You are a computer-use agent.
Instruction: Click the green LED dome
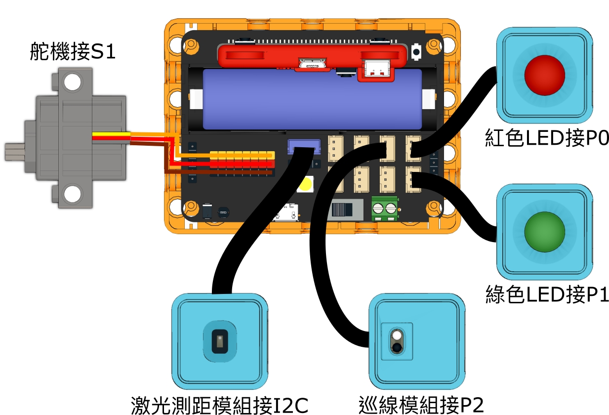click(544, 231)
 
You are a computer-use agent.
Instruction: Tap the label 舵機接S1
click(72, 51)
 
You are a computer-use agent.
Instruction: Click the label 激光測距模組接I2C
click(220, 406)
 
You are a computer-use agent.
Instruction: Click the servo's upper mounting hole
click(73, 82)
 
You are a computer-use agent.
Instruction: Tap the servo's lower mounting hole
click(73, 194)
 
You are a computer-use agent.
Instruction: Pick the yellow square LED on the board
click(304, 185)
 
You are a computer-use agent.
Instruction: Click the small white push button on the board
click(416, 51)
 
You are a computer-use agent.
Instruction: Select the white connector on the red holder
click(379, 70)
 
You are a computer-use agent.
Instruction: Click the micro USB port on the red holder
click(312, 64)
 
